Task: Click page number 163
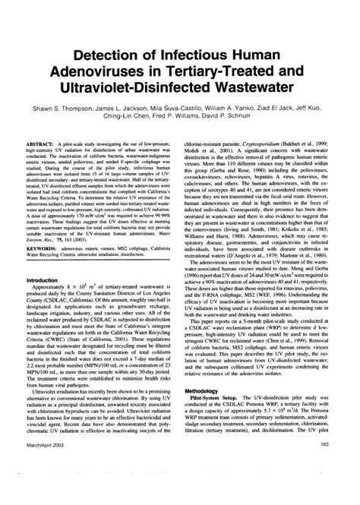pyautogui.click(x=324, y=486)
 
